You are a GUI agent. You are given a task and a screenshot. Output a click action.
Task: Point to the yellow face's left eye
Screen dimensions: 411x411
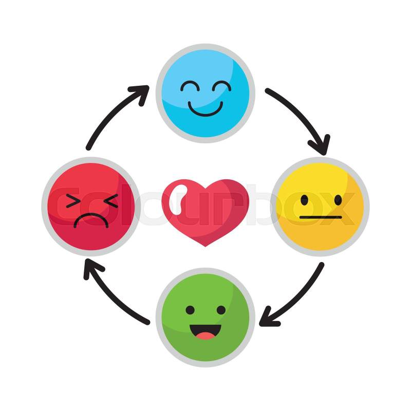point(304,199)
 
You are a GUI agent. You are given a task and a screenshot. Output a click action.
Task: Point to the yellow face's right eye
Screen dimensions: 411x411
point(338,199)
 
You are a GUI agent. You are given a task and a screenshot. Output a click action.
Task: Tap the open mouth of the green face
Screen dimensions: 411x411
point(206,331)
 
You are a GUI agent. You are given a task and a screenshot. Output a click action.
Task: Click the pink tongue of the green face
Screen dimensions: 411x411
point(206,336)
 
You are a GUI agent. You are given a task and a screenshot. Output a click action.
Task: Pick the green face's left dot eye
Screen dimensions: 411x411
point(190,310)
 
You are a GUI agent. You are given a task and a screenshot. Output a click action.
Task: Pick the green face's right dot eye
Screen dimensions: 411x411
point(221,310)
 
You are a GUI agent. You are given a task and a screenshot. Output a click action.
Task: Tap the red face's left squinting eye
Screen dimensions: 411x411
point(74,201)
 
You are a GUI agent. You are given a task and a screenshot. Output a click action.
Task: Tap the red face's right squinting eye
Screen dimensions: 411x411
point(109,201)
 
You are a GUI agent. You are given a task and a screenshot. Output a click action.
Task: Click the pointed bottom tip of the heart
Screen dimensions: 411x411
point(206,246)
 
